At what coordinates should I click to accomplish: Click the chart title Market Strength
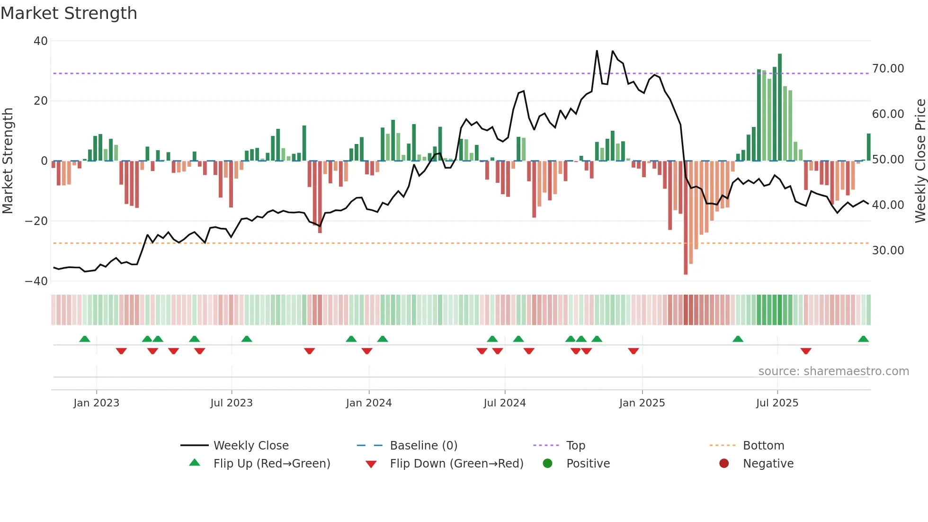tap(69, 13)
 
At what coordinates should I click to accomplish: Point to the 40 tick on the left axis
tap(40, 41)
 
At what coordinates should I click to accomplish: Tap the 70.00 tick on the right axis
tap(888, 69)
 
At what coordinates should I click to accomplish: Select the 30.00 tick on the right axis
tap(888, 251)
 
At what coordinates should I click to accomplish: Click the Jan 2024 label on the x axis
tap(368, 403)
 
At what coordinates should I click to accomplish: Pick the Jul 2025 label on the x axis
tap(776, 403)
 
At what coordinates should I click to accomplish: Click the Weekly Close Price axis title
tap(920, 161)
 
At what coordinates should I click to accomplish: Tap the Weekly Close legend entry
tap(250, 446)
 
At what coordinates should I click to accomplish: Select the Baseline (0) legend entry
tap(423, 446)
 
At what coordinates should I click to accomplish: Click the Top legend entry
tap(575, 446)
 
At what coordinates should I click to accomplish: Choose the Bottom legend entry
tap(763, 446)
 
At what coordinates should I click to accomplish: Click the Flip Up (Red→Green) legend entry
tap(271, 464)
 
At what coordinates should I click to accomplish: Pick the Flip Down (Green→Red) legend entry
tap(456, 464)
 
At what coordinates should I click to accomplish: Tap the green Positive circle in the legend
tap(547, 464)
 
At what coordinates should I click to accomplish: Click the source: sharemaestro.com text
tap(833, 371)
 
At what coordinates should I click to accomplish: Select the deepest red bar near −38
tap(686, 218)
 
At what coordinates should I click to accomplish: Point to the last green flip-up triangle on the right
tap(863, 339)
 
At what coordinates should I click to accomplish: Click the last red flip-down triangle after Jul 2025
tap(806, 351)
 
